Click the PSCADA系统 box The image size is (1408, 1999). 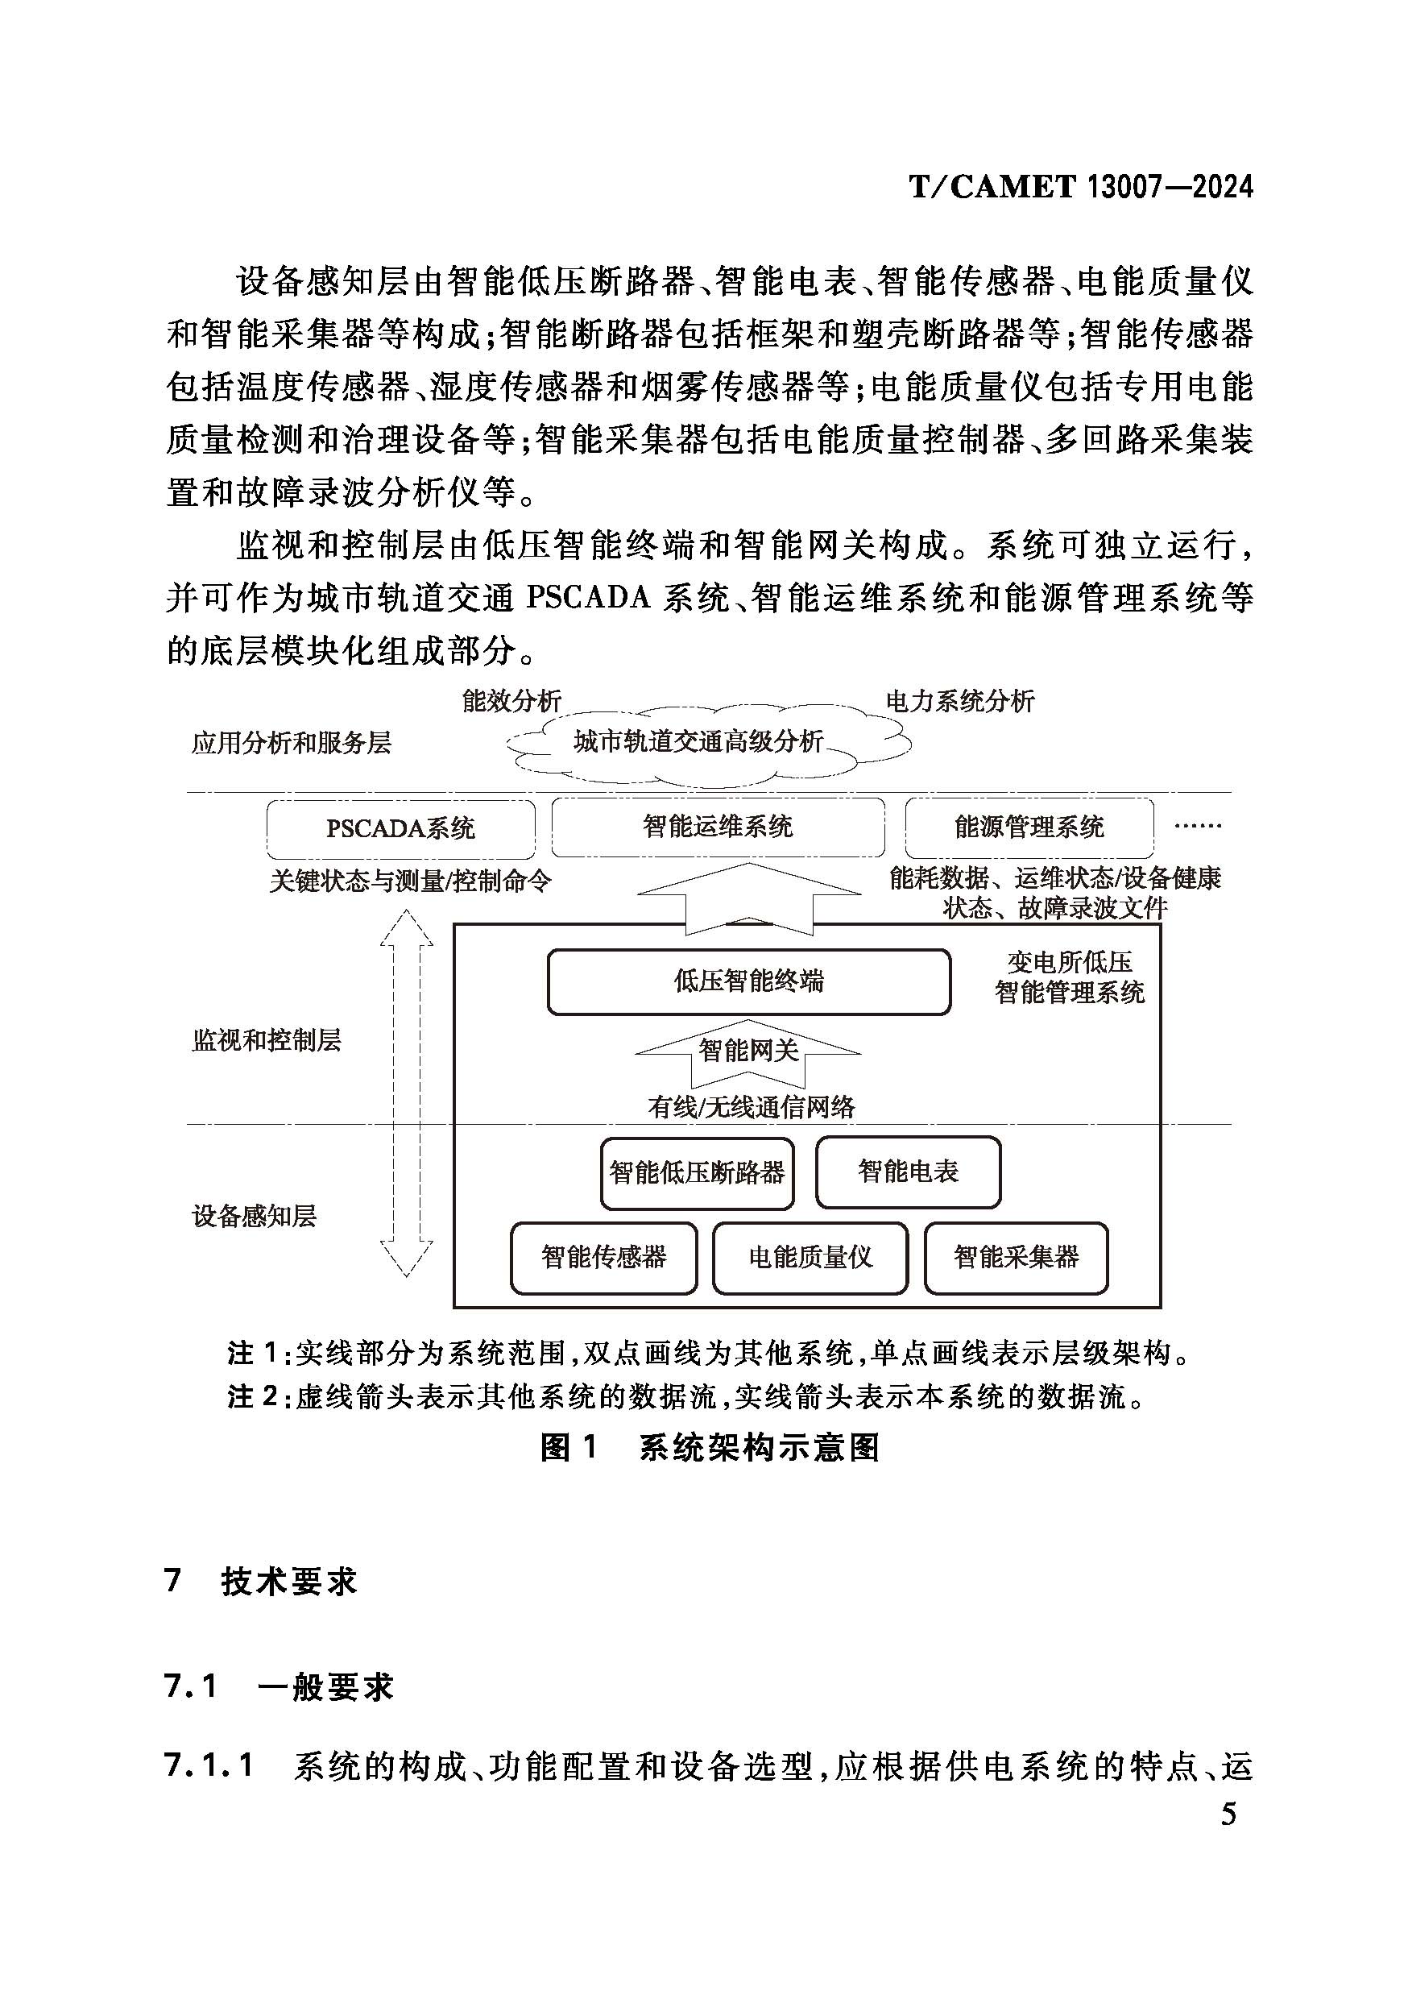400,828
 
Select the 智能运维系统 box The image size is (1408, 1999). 718,826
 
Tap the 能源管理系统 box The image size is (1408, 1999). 1029,826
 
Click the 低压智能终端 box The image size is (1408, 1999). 748,981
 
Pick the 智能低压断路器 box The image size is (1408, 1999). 697,1173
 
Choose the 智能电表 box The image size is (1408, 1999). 908,1172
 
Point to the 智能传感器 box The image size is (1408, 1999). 603,1257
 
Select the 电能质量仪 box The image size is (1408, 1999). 810,1257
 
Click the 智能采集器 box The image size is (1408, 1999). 1016,1257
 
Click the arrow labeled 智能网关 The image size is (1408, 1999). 748,1051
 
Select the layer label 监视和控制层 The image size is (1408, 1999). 267,1039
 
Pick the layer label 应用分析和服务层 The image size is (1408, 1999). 292,743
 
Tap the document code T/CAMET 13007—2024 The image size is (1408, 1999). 1081,186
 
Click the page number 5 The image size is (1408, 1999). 1228,1814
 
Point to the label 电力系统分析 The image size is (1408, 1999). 960,701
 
